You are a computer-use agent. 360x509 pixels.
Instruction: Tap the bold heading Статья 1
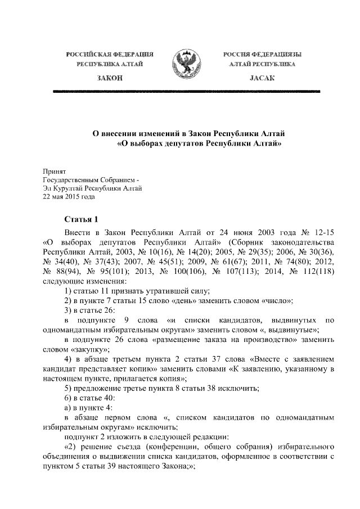point(82,219)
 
